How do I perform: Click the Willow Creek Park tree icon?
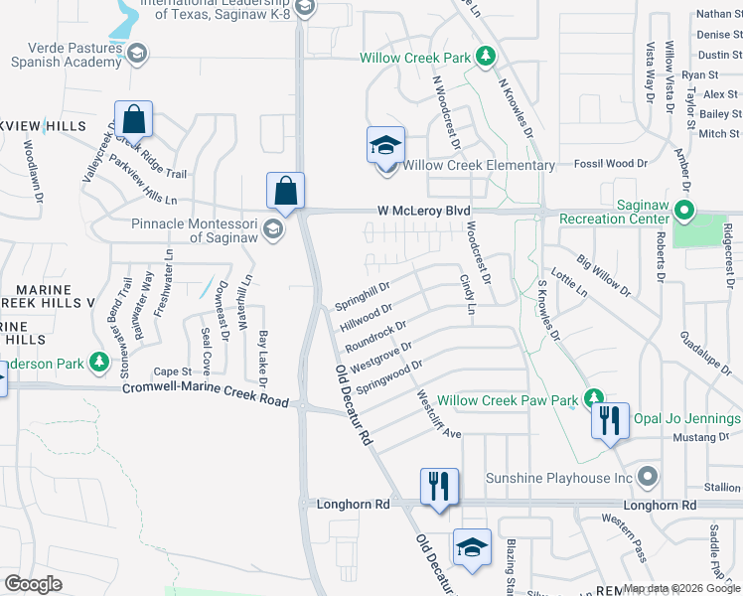click(486, 57)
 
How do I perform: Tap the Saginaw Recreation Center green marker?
click(683, 210)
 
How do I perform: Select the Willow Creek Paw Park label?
click(508, 400)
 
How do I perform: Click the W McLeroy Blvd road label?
click(423, 211)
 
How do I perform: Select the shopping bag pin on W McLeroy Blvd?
click(285, 190)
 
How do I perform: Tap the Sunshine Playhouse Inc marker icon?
click(649, 478)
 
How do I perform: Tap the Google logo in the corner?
click(34, 584)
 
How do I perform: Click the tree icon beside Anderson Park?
click(98, 363)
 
